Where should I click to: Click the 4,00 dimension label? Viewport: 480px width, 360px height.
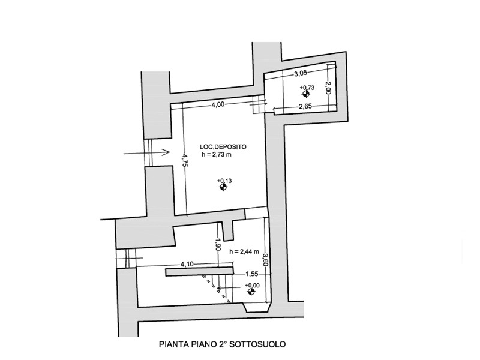coord(217,104)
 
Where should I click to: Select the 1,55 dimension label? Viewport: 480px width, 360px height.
coord(251,274)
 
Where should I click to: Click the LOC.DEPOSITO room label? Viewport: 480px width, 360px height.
coord(223,146)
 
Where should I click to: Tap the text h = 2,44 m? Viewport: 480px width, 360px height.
coord(245,252)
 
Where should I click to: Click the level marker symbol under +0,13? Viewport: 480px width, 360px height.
coord(224,188)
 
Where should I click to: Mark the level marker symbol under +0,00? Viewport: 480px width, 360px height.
coord(251,292)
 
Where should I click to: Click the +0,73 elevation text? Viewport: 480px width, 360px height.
coord(306,87)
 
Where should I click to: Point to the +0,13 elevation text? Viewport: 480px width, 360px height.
coord(224,181)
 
